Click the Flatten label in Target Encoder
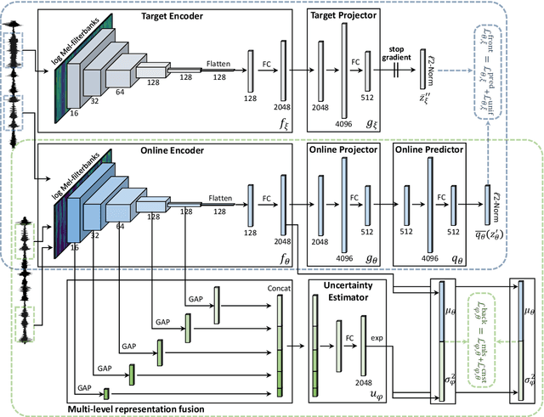tap(218, 64)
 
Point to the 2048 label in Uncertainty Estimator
tap(365, 381)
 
